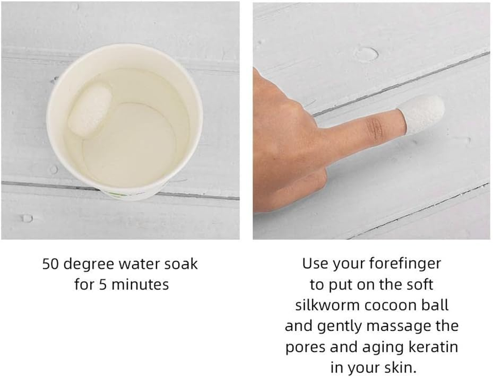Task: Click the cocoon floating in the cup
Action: click(90, 109)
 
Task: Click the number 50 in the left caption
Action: click(50, 264)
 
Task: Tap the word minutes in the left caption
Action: click(140, 285)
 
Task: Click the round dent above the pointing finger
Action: click(366, 54)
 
